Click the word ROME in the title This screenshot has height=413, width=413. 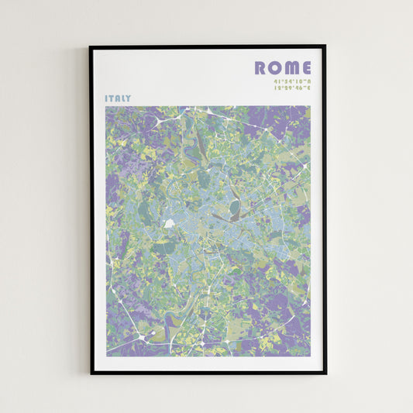coord(282,68)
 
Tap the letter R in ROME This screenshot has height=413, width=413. coord(261,68)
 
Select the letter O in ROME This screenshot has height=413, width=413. coord(274,68)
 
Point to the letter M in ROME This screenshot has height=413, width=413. coord(290,68)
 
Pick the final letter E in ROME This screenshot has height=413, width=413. coord(305,68)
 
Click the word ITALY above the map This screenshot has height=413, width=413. coord(118,98)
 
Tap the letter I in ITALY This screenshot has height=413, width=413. coord(107,98)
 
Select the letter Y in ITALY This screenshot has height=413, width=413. coord(129,98)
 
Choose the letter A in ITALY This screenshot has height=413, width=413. coord(118,98)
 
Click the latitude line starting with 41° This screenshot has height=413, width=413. coord(291,81)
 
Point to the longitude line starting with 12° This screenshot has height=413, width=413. coord(291,88)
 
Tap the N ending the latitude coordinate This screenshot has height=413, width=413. coord(308,81)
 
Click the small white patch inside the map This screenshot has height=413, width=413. coord(169,223)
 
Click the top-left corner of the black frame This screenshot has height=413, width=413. coord(90,46)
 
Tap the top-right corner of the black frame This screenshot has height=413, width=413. coord(325,46)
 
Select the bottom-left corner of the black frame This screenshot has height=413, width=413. coord(90,373)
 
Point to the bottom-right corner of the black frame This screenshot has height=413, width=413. coord(325,373)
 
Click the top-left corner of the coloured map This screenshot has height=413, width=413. coord(106,107)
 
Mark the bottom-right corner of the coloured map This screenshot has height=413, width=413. coord(310,356)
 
